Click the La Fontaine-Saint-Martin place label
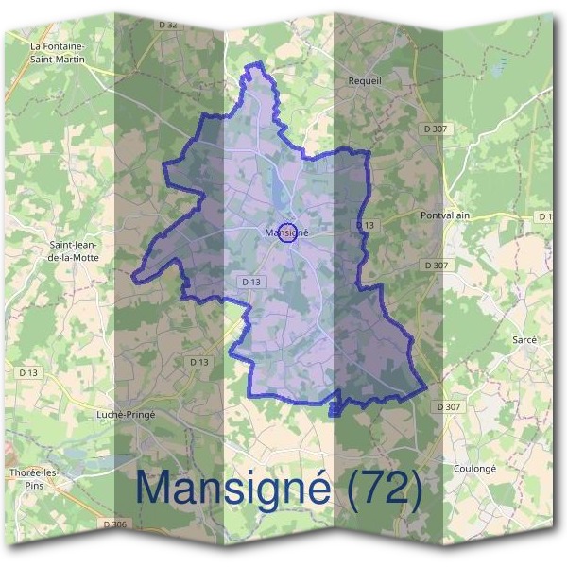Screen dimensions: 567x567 click(x=59, y=52)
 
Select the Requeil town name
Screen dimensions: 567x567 click(x=365, y=81)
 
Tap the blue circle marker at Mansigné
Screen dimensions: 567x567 click(x=291, y=232)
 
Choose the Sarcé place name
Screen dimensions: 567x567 click(x=524, y=338)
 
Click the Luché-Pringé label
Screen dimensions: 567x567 click(x=127, y=414)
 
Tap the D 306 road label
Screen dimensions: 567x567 click(x=112, y=524)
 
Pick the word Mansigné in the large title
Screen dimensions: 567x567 click(x=232, y=489)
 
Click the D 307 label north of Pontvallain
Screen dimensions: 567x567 click(x=436, y=129)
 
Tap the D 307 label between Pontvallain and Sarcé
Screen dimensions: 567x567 click(x=436, y=266)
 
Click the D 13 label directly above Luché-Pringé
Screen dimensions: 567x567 click(x=198, y=362)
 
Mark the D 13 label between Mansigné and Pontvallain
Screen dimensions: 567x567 click(x=366, y=224)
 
